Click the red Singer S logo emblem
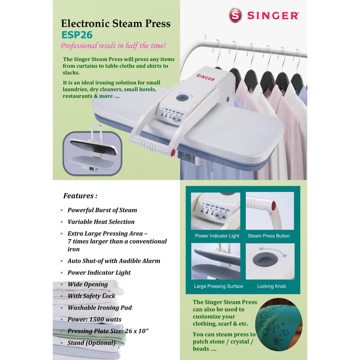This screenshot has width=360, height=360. click(x=235, y=15)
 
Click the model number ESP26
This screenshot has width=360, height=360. click(x=77, y=35)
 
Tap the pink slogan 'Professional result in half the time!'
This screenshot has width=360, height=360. click(x=113, y=45)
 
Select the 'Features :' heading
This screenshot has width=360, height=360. click(x=80, y=195)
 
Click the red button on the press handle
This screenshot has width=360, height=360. click(x=173, y=153)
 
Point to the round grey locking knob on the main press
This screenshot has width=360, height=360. click(x=182, y=98)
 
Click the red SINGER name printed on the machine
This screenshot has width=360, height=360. click(x=205, y=77)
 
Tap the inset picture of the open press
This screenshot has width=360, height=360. click(x=92, y=153)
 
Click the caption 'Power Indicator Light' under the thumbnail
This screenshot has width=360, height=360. click(x=217, y=236)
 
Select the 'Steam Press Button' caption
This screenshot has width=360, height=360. click(x=269, y=236)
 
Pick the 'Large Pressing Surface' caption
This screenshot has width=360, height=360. click(x=218, y=286)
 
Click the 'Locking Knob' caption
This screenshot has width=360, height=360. click(x=271, y=286)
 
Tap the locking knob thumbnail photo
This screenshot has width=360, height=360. click(x=270, y=261)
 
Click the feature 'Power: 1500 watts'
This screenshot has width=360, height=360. click(x=94, y=319)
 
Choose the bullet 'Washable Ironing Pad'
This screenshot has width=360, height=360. click(x=99, y=307)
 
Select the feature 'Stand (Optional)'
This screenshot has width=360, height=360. click(x=91, y=342)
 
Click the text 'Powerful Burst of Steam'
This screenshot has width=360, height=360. click(x=102, y=210)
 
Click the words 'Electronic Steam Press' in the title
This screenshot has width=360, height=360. click(x=116, y=24)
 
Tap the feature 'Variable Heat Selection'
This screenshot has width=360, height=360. click(x=101, y=221)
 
